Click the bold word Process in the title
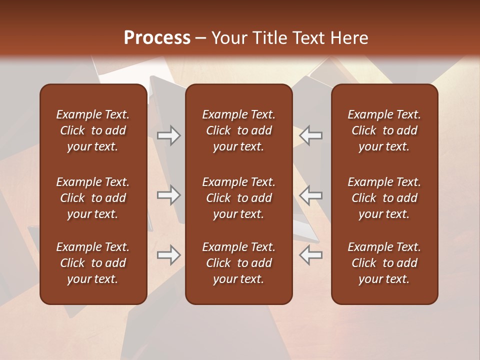[x=157, y=38]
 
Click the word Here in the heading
[x=349, y=38]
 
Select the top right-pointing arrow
[x=169, y=135]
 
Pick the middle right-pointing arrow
[x=169, y=195]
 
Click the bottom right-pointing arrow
[x=169, y=255]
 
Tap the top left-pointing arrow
[x=311, y=135]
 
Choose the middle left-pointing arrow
[x=311, y=195]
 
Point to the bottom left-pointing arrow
[x=311, y=255]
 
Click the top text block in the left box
[x=93, y=130]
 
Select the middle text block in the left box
[x=93, y=198]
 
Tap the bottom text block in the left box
[x=93, y=263]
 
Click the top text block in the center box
[x=239, y=130]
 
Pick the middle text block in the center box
[x=239, y=198]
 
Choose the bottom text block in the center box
[x=239, y=263]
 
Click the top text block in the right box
[x=384, y=130]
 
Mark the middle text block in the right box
[x=384, y=198]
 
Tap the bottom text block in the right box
[x=384, y=263]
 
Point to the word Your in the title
[x=227, y=38]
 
